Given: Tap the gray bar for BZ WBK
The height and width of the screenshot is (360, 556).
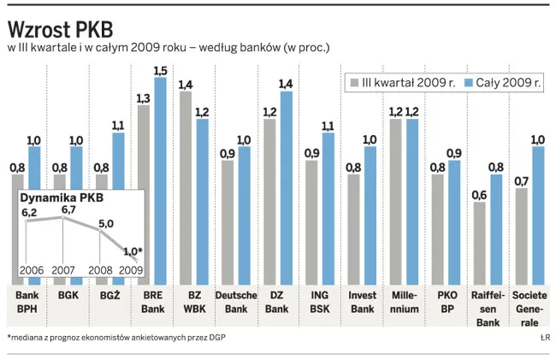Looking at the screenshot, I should (186, 188).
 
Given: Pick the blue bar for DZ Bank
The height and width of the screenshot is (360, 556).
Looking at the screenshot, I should (286, 188).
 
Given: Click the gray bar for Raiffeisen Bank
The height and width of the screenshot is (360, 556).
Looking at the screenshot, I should (480, 244).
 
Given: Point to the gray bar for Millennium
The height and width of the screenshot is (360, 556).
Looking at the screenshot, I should (395, 202).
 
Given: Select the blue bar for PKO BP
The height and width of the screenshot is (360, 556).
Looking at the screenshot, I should (453, 222).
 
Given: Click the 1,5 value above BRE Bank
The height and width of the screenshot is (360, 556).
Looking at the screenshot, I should (160, 70).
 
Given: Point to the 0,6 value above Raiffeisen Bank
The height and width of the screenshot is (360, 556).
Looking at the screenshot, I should (480, 194).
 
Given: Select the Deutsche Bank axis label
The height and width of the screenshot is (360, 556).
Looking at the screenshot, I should (235, 302).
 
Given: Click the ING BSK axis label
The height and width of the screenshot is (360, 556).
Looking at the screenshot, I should (319, 302).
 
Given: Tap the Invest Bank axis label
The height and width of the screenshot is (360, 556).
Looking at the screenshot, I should (362, 302).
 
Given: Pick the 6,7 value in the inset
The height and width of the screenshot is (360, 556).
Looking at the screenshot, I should (67, 210).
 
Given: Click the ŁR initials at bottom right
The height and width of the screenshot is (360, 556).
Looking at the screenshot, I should (545, 338).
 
